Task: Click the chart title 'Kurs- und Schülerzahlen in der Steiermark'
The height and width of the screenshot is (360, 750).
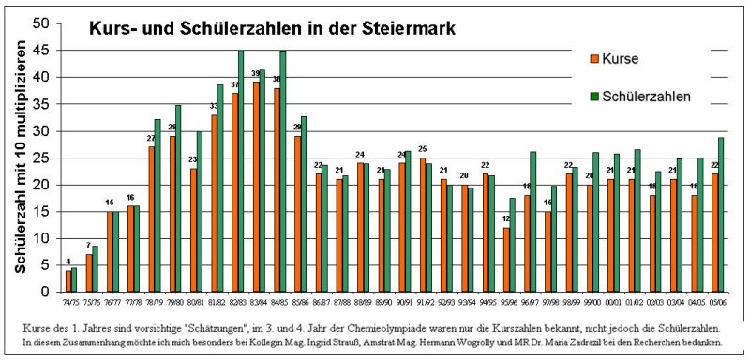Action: coord(272,29)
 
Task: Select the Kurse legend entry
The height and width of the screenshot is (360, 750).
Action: coord(619,59)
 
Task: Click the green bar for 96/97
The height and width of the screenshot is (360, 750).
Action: coord(532,221)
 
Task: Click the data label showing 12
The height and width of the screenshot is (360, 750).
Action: coord(507,219)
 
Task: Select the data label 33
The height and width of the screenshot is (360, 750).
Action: coord(213,106)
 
